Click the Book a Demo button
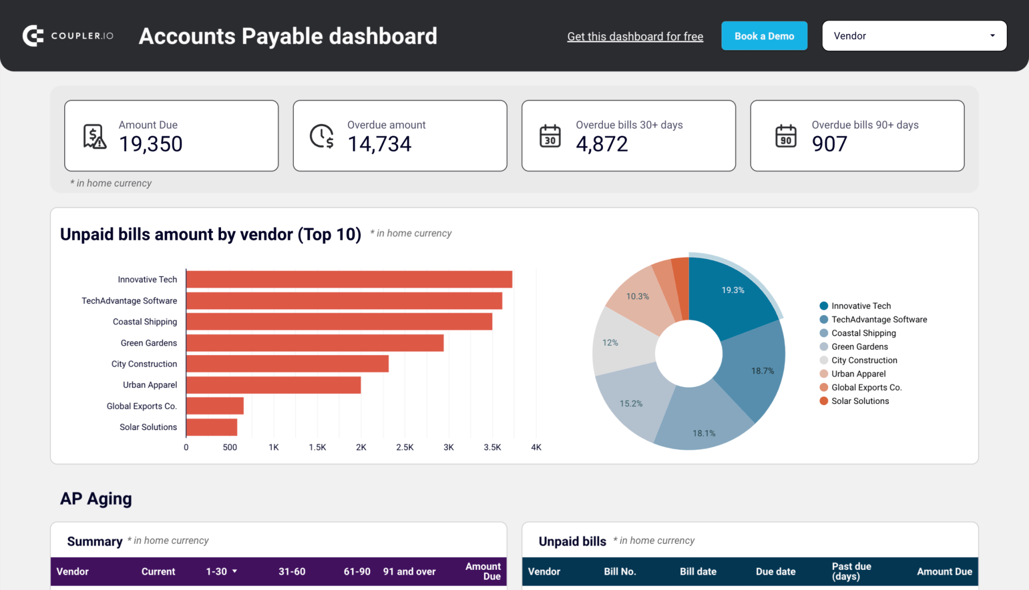click(x=764, y=36)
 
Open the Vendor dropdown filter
click(x=914, y=36)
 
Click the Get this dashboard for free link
click(x=635, y=37)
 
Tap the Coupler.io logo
click(x=68, y=36)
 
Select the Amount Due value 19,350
click(x=151, y=144)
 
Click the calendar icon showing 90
click(x=786, y=136)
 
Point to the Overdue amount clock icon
click(x=322, y=136)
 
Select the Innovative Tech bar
click(x=349, y=279)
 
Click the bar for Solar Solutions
click(x=212, y=427)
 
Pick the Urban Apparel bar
click(x=273, y=385)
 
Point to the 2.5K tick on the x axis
click(x=404, y=447)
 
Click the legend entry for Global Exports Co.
click(x=866, y=387)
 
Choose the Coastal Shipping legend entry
click(x=863, y=333)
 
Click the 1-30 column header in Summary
click(x=217, y=571)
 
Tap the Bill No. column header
click(x=620, y=571)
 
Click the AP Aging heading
click(x=96, y=499)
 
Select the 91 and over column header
click(x=409, y=571)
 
